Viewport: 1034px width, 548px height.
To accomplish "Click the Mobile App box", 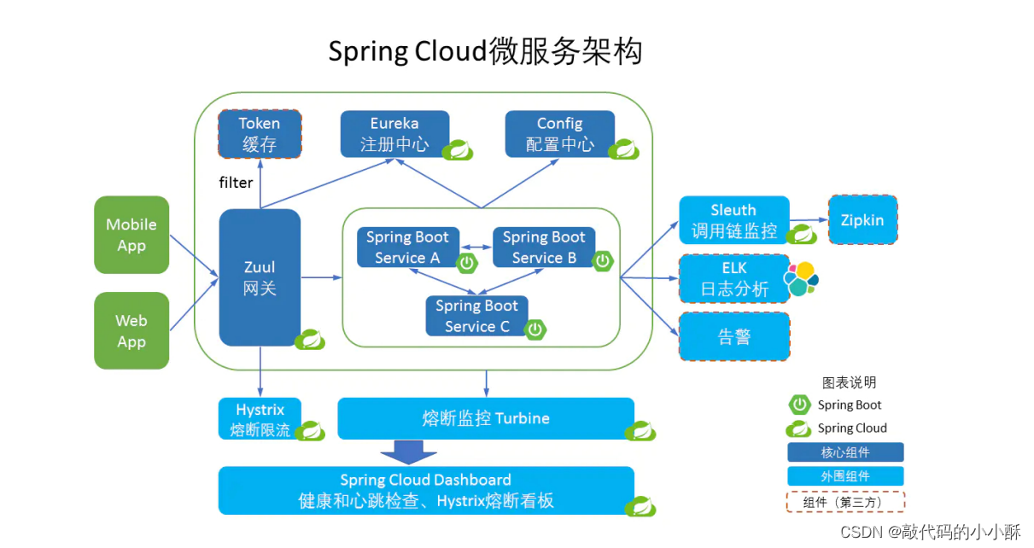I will click(x=131, y=235).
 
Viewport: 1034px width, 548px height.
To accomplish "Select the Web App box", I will click(x=131, y=330).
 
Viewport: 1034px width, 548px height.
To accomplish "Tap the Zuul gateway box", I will click(x=260, y=277).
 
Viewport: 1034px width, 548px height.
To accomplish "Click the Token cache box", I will click(x=260, y=134).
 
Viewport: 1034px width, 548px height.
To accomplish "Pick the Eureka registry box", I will click(x=394, y=134).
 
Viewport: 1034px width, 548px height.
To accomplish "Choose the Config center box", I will click(x=559, y=134).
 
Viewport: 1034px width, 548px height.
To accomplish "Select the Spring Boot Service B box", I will click(x=544, y=248).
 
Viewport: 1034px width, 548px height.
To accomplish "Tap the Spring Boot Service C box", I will click(x=476, y=316).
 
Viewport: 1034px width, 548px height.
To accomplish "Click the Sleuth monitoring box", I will click(x=733, y=220).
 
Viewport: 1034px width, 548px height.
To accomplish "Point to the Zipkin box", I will click(x=862, y=220).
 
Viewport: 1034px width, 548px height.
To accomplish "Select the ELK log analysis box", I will click(x=733, y=278).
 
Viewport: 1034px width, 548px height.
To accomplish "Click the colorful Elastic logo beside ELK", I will click(x=801, y=278).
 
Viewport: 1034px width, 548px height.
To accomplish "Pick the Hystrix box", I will click(x=260, y=418).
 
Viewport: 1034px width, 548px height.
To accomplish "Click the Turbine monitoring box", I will click(x=486, y=418).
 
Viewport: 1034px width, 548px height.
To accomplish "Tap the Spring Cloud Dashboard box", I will click(x=425, y=490).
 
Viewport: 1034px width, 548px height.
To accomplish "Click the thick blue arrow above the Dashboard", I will click(x=402, y=452).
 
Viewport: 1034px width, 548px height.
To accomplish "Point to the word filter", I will click(x=236, y=183).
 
